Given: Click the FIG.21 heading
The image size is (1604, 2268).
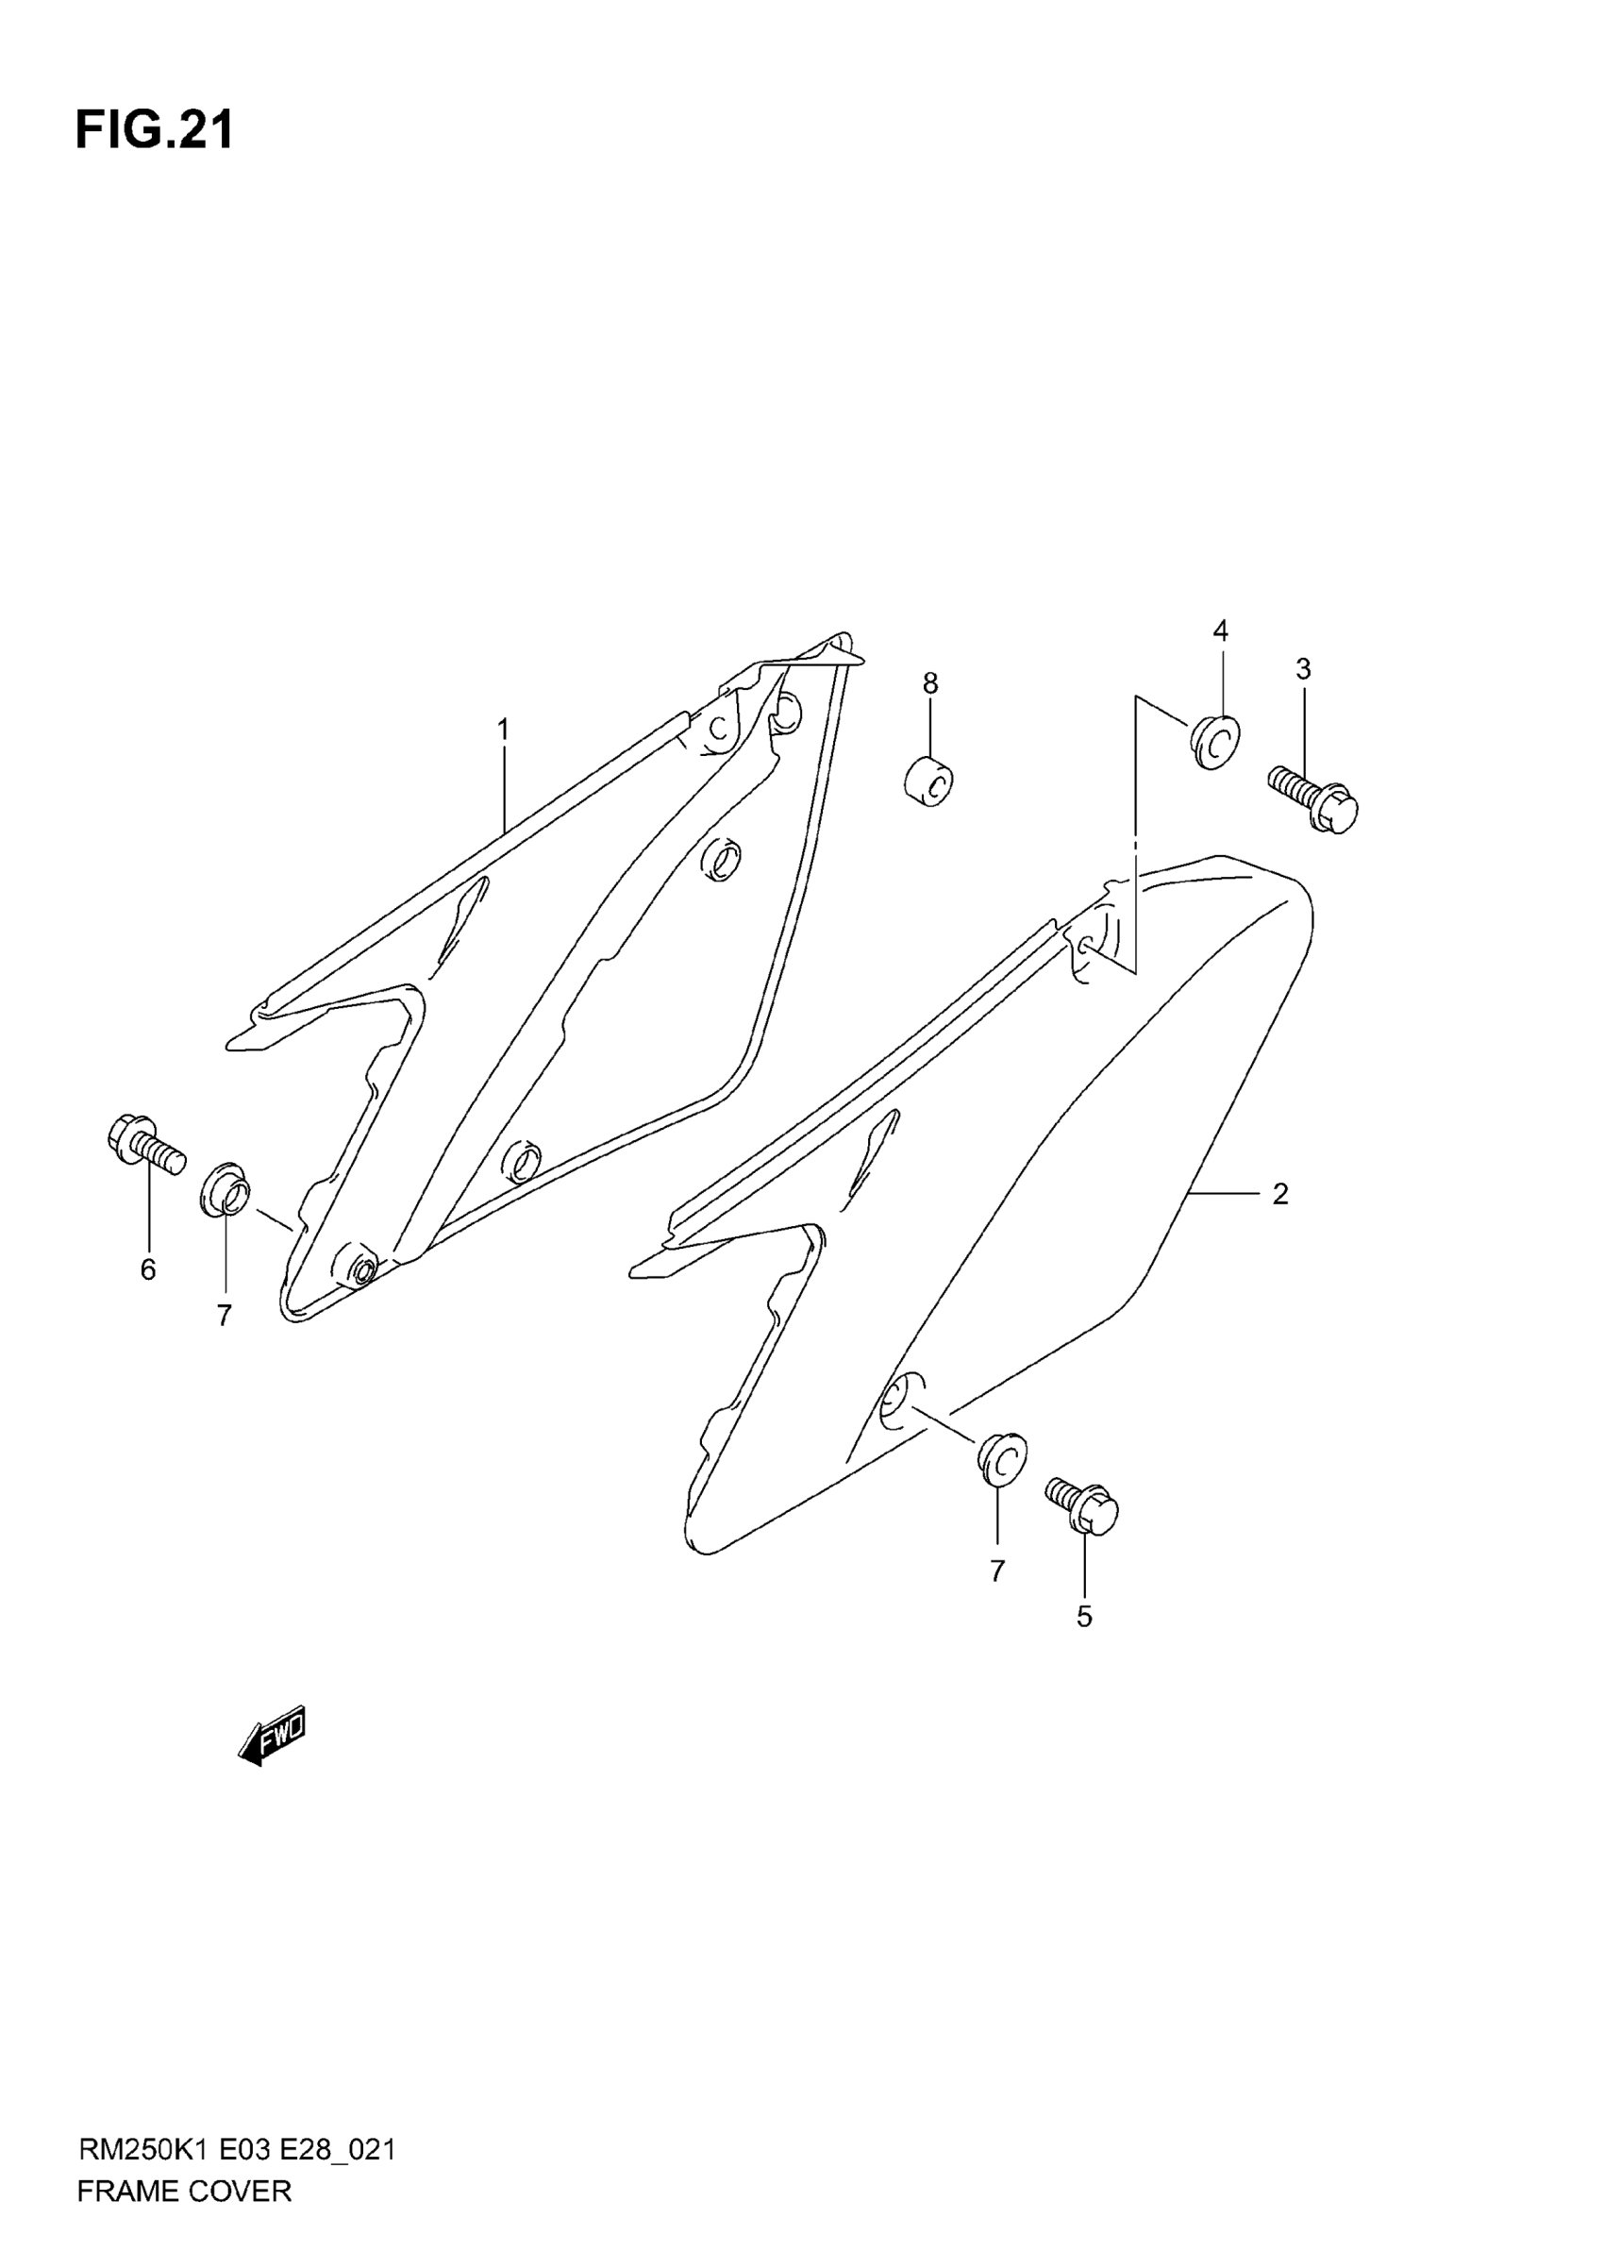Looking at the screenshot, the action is click(154, 130).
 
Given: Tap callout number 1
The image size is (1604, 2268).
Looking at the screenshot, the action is click(503, 730).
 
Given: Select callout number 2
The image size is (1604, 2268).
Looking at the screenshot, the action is click(1280, 1194).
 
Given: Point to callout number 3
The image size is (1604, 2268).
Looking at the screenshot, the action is click(1303, 669).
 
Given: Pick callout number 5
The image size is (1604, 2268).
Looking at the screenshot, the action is click(1083, 1617).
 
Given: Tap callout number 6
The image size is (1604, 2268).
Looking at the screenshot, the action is click(148, 1269).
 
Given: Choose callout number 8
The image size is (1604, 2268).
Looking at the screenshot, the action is click(929, 682).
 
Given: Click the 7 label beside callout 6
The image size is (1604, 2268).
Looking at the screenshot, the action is click(225, 1315).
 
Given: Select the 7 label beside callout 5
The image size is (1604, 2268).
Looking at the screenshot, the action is click(996, 1571).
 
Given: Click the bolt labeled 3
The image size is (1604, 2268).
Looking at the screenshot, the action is click(1313, 800).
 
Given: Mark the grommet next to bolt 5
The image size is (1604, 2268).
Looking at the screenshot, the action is click(1001, 1458).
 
